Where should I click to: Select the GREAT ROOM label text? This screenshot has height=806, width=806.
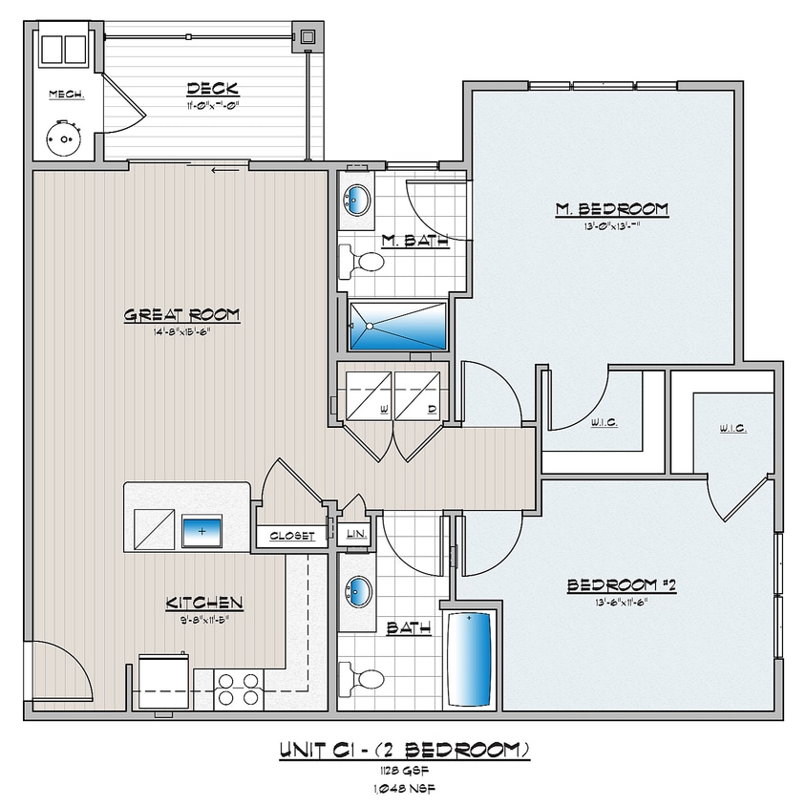181,314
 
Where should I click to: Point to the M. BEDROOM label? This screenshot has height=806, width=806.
612,208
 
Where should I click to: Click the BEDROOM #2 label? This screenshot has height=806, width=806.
622,585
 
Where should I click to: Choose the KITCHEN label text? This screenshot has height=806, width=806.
204,603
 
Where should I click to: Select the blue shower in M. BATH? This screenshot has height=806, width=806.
398,327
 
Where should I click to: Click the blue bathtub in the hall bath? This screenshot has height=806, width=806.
470,659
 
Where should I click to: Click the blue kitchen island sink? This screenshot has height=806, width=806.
201,527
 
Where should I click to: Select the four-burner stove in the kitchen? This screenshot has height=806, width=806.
239,689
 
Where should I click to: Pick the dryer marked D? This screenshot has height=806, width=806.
418,394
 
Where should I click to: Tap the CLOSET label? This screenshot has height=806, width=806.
292,536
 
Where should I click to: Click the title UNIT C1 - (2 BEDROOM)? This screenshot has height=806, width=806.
404,750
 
